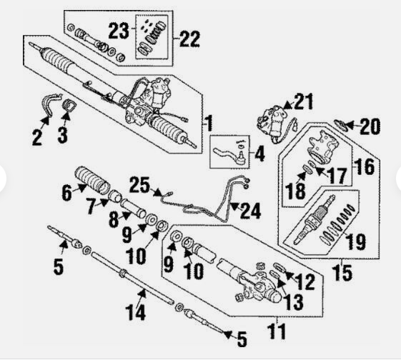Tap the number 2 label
37,136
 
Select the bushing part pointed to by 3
70,109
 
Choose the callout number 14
137,311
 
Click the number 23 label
118,30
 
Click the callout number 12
305,281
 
